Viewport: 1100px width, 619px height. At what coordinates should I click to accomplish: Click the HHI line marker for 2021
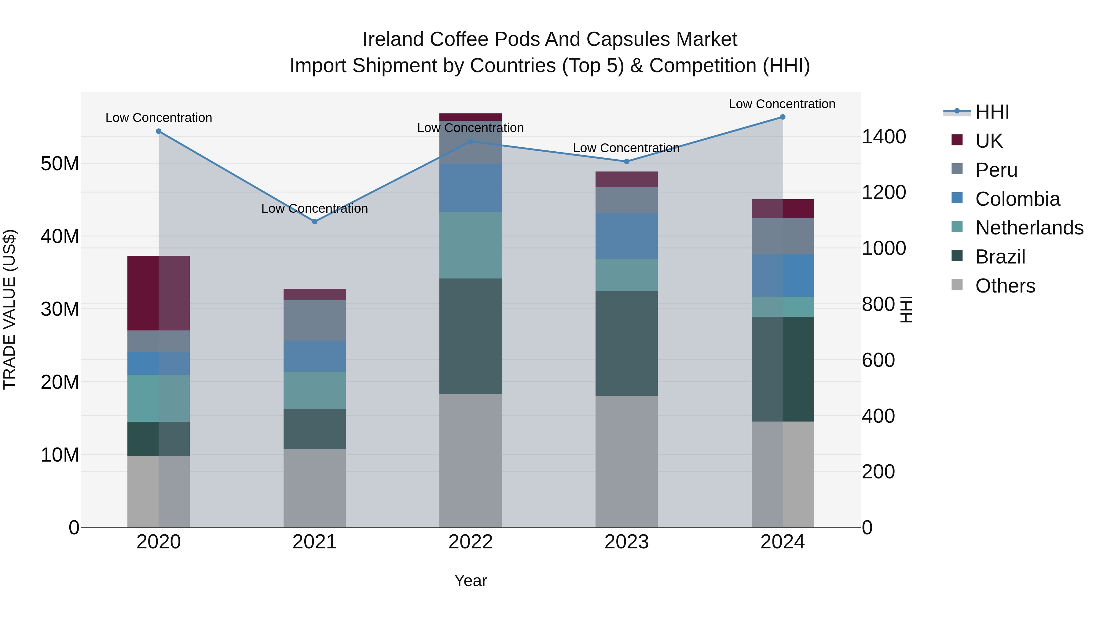pos(315,222)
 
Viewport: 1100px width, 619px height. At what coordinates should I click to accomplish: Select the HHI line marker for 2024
pos(782,117)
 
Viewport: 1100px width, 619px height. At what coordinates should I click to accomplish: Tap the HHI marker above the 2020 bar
pos(159,131)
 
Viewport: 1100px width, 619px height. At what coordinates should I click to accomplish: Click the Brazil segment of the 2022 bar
pos(471,336)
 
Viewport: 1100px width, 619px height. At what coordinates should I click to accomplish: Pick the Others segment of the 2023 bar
pos(626,461)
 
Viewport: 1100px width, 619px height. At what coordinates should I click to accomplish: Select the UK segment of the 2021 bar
pos(315,294)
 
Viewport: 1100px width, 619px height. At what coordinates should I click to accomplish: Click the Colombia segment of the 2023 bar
pos(626,236)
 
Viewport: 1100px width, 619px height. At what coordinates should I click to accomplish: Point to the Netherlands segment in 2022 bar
pos(471,245)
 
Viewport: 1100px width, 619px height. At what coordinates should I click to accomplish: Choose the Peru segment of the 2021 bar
pos(315,320)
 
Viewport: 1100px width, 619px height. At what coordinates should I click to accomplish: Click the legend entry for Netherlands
pos(1029,228)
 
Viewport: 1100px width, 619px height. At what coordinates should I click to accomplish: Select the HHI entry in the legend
pos(992,112)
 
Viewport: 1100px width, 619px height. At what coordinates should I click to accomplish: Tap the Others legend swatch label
pos(1005,286)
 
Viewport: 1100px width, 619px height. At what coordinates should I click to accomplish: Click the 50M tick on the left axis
pos(60,164)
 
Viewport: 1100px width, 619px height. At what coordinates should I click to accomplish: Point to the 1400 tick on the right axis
pos(883,137)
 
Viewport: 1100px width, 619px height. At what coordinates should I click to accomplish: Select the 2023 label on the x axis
pos(626,542)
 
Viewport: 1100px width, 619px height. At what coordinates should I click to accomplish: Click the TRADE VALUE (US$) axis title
pos(10,309)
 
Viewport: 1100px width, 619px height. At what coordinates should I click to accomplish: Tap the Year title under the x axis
pos(471,580)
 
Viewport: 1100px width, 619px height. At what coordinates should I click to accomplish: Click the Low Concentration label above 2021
pos(315,208)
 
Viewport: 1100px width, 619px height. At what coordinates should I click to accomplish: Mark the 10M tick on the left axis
pos(60,455)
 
